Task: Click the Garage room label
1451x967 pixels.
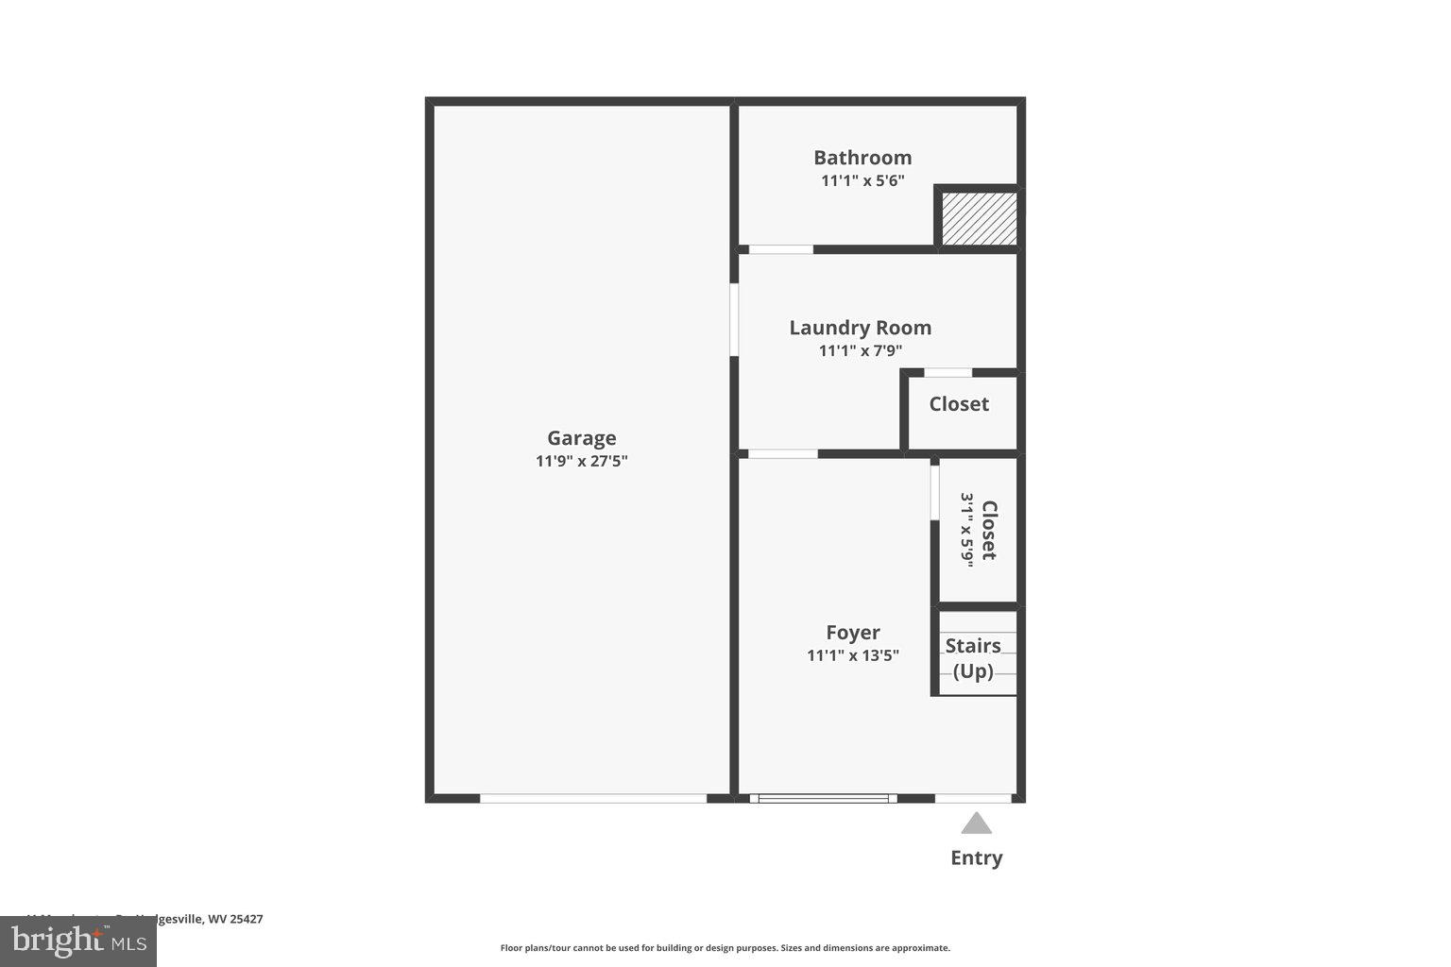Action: tap(581, 438)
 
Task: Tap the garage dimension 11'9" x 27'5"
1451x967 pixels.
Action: tap(581, 462)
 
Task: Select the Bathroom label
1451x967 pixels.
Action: tap(862, 158)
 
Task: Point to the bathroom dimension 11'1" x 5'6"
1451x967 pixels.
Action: tap(862, 180)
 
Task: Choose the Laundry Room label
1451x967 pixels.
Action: tap(860, 328)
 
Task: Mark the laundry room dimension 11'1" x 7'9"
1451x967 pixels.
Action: tap(860, 351)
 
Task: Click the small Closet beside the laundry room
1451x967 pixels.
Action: tap(959, 404)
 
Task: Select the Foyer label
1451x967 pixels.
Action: tap(852, 633)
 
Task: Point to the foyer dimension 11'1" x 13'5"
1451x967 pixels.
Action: tap(852, 655)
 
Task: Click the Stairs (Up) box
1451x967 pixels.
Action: tap(973, 658)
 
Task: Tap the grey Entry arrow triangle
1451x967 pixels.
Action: tap(976, 824)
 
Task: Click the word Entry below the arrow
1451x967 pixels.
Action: tap(976, 858)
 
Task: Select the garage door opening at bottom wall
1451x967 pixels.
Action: tap(593, 799)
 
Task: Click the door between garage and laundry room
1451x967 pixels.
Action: tap(734, 320)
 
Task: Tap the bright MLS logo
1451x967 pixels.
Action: tap(78, 941)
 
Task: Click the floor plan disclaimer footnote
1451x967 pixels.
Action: tap(725, 948)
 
